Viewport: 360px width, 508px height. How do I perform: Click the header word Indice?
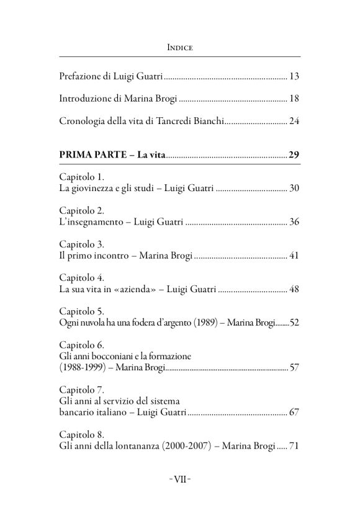coord(179,47)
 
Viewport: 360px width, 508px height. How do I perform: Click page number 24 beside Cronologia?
coord(295,120)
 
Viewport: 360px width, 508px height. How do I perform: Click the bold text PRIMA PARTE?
coord(94,154)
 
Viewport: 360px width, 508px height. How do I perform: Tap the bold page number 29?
coord(295,154)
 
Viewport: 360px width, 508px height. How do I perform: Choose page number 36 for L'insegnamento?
coord(295,221)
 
